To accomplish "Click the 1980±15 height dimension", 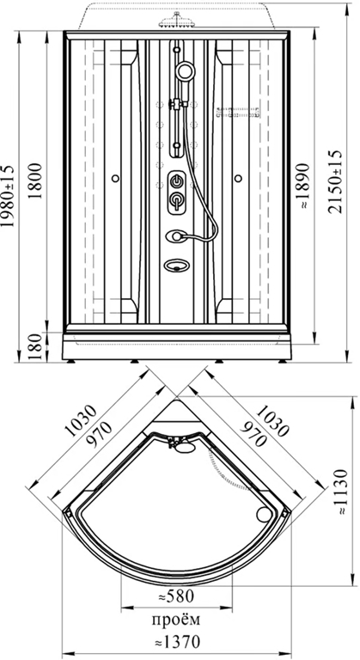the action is click(8, 196).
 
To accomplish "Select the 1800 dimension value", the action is click(35, 181).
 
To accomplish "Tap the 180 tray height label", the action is click(35, 347).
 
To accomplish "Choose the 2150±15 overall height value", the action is click(335, 181).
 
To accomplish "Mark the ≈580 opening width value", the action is click(176, 596).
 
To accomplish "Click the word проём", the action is click(176, 619).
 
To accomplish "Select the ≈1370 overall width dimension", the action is click(176, 642).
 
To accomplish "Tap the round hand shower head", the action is click(186, 70).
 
